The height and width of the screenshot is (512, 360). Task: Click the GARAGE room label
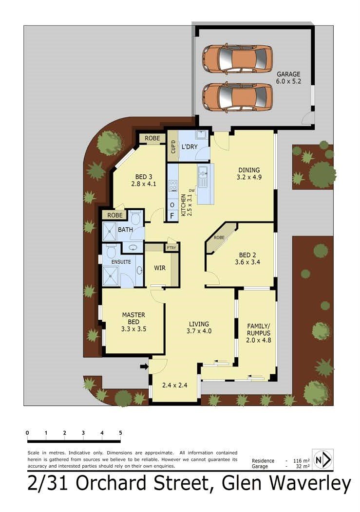pyautogui.click(x=289, y=74)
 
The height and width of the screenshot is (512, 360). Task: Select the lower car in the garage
pyautogui.click(x=237, y=96)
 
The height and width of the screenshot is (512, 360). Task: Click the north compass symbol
pyautogui.click(x=322, y=459)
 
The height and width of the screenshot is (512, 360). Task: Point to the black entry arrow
pyautogui.click(x=144, y=366)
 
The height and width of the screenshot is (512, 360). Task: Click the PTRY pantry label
pyautogui.click(x=171, y=247)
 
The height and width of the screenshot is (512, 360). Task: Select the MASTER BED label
pyautogui.click(x=133, y=318)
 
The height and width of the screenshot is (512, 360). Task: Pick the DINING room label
pyautogui.click(x=249, y=170)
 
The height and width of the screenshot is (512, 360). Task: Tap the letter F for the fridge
pyautogui.click(x=171, y=215)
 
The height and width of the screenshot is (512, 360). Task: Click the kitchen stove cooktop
pyautogui.click(x=172, y=185)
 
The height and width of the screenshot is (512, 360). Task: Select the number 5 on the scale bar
pyautogui.click(x=120, y=432)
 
